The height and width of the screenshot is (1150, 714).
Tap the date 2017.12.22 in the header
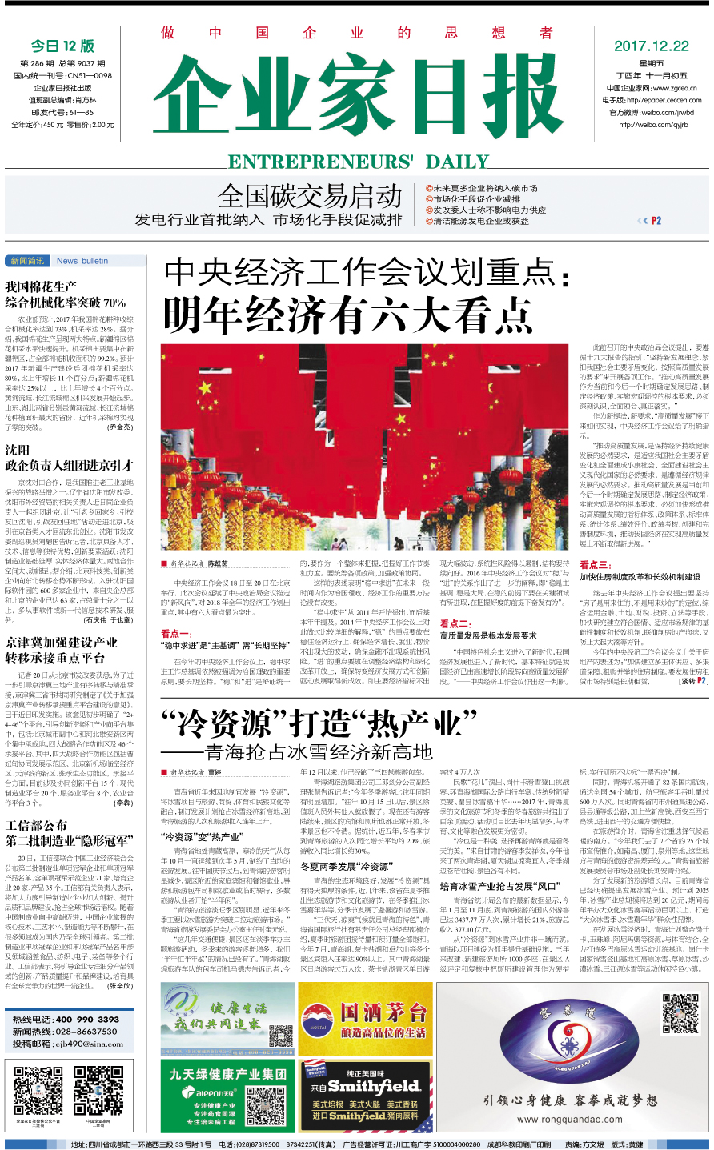click(651, 46)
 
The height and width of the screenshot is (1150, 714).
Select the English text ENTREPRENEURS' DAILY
click(358, 162)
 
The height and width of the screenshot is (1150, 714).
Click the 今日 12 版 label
click(62, 46)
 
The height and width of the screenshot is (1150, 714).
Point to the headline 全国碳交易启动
click(310, 196)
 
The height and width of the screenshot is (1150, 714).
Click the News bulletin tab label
click(82, 261)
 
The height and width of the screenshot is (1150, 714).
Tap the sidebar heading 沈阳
click(18, 451)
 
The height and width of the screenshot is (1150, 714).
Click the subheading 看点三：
click(596, 565)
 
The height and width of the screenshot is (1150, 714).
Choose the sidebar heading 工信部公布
click(37, 825)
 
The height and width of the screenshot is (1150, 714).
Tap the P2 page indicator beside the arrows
click(656, 221)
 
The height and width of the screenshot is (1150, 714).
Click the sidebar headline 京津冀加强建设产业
click(61, 643)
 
